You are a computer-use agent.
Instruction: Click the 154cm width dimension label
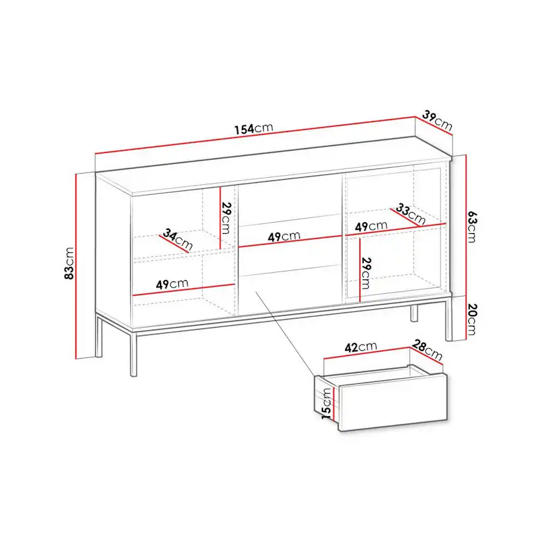[254, 128]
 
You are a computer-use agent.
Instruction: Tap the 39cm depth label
[437, 120]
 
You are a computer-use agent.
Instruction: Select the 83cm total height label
[69, 263]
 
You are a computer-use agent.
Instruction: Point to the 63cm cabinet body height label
[472, 227]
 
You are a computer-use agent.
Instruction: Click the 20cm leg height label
[472, 319]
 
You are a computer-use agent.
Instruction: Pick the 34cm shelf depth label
[178, 239]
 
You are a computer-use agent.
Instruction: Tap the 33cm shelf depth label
[411, 214]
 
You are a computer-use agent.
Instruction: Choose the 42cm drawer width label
[361, 347]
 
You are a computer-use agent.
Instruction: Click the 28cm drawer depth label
[427, 350]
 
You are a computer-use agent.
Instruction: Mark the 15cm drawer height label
[326, 404]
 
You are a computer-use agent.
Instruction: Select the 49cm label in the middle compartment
[284, 236]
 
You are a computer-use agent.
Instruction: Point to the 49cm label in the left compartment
[172, 284]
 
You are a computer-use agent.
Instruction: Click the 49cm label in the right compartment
[371, 227]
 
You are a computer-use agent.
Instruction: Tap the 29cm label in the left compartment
[227, 218]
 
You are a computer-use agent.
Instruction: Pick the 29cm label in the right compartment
[366, 273]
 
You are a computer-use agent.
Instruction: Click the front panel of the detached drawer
[393, 402]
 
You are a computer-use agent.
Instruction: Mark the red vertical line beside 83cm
[76, 266]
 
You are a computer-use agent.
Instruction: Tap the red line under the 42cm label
[367, 352]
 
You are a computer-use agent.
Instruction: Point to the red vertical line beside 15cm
[334, 404]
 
